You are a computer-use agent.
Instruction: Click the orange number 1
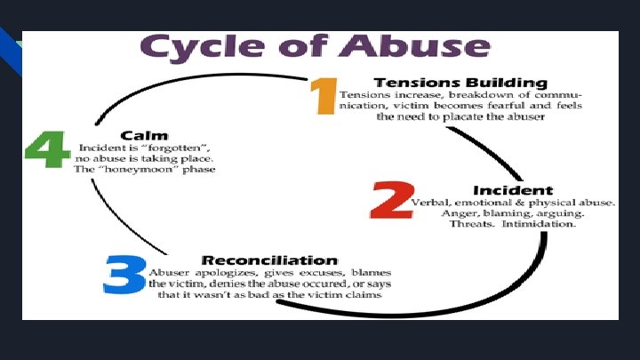[x=323, y=97]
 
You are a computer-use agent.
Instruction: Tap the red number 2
[x=388, y=202]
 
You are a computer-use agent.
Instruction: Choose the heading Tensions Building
[x=460, y=83]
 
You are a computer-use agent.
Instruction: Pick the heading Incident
[x=513, y=190]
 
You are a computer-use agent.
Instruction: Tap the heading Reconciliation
[x=257, y=260]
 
